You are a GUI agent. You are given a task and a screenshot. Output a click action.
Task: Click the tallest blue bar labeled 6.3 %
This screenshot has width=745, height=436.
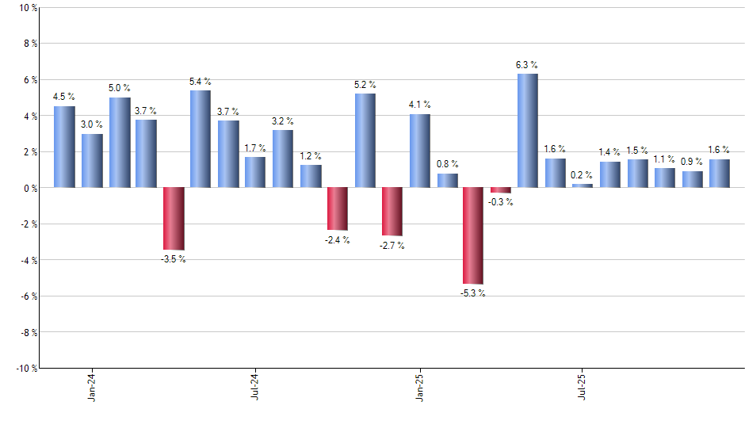[x=528, y=131]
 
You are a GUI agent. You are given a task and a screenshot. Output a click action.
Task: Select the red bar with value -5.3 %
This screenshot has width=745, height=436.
[x=473, y=235]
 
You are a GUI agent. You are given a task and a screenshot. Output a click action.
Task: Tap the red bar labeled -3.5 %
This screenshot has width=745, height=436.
[x=173, y=219]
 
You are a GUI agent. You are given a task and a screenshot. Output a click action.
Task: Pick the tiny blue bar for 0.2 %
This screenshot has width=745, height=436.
[x=583, y=185]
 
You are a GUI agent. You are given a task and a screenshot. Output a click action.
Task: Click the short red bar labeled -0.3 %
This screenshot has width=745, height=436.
[x=501, y=190]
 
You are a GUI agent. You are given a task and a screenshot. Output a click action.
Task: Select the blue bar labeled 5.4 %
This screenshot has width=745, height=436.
[x=201, y=139]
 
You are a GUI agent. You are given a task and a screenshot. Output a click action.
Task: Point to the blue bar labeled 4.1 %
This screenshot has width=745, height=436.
[x=419, y=151]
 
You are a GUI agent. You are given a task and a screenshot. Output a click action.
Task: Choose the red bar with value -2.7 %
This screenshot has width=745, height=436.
[x=392, y=212]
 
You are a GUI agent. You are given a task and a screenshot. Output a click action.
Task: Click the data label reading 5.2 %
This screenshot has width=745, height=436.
[x=365, y=85]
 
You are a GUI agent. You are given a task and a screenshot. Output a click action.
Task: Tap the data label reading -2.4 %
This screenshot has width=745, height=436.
[x=337, y=239]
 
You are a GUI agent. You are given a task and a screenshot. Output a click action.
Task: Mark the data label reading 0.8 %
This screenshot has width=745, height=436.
[x=447, y=164]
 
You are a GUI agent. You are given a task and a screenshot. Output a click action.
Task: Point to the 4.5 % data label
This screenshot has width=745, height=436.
[x=64, y=98]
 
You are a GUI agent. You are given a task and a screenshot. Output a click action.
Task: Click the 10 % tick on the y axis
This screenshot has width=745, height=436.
[x=26, y=8]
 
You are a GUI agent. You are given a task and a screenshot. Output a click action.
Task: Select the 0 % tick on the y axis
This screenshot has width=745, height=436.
[x=29, y=188]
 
